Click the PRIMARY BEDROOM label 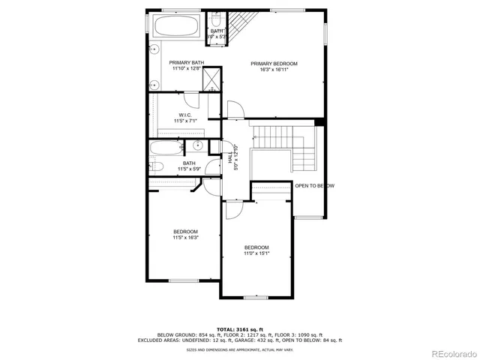tap(274, 64)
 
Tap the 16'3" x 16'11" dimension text tap(274, 70)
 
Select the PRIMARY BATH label tap(186, 62)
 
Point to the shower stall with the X tap(212, 79)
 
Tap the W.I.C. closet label tap(185, 115)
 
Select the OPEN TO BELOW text tap(314, 186)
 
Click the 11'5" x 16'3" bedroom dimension tap(185, 237)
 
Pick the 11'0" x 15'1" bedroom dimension tap(256, 253)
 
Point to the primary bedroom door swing tap(235, 110)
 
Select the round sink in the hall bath tap(199, 145)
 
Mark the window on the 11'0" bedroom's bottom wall tap(255, 298)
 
